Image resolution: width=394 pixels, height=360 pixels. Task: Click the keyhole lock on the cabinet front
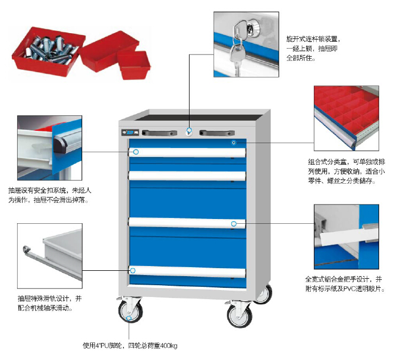pyautogui.click(x=189, y=130)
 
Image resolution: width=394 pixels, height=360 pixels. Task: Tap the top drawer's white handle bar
pyautogui.click(x=187, y=153)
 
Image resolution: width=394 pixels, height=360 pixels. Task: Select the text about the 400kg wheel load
pyautogui.click(x=130, y=346)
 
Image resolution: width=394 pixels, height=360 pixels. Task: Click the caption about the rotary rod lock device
pyautogui.click(x=312, y=48)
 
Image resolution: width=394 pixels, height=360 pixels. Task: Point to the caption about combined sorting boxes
pyautogui.click(x=346, y=171)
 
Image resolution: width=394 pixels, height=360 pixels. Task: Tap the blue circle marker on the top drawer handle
pyautogui.click(x=136, y=152)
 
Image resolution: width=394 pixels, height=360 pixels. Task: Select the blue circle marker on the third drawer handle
pyautogui.click(x=233, y=223)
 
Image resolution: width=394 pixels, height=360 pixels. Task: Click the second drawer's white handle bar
pyautogui.click(x=187, y=176)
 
